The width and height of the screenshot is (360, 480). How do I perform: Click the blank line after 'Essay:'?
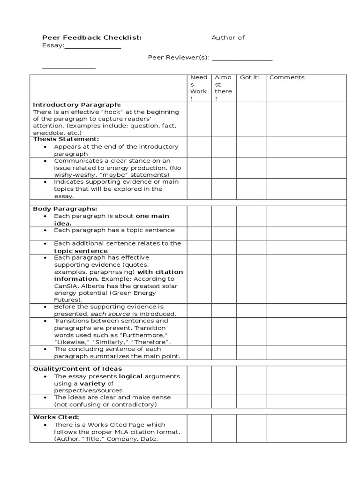coord(92,46)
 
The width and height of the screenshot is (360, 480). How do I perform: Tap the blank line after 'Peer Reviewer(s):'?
coord(242,58)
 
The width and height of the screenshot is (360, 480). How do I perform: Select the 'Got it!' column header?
coord(249,77)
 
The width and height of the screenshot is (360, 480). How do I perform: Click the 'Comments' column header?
coord(287,77)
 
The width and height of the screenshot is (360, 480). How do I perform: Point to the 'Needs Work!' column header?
coord(198,88)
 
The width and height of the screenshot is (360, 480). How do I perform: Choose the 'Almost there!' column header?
coord(223,88)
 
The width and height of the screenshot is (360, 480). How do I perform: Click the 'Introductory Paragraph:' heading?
coord(77,105)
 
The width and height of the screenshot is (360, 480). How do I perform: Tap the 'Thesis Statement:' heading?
coord(66,139)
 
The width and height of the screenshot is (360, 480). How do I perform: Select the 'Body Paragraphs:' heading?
coord(65,209)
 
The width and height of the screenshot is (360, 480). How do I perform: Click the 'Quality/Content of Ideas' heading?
coord(77,369)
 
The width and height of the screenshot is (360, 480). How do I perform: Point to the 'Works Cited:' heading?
coord(56,417)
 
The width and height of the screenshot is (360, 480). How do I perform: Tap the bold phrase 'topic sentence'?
coord(81,251)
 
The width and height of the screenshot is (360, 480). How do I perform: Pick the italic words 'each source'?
coord(107,314)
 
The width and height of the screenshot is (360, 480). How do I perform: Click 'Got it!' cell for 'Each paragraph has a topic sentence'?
coord(251,233)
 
